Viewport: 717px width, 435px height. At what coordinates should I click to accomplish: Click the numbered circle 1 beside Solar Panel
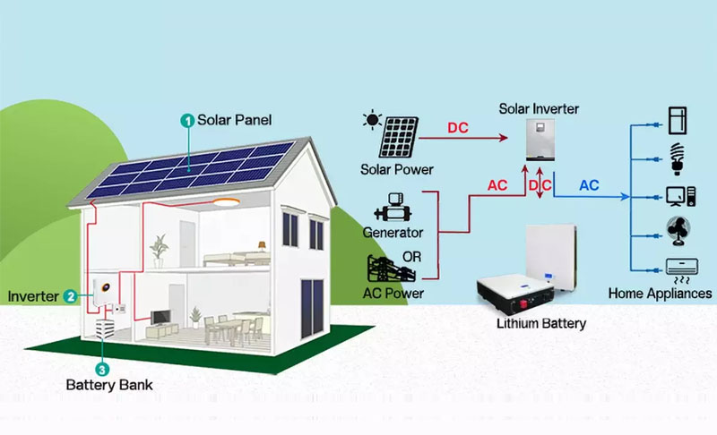click(x=187, y=119)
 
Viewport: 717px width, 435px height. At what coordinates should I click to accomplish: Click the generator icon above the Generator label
click(x=393, y=209)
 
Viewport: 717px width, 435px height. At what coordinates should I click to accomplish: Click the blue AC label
click(x=589, y=185)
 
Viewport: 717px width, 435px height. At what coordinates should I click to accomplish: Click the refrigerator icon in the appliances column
click(x=678, y=119)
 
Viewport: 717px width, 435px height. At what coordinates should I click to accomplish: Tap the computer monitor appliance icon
click(x=678, y=194)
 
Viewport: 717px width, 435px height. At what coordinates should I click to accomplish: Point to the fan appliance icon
click(x=678, y=231)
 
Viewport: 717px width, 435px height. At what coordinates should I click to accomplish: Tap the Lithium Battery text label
click(x=540, y=323)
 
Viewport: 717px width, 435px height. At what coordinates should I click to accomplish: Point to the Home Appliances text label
click(x=660, y=293)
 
